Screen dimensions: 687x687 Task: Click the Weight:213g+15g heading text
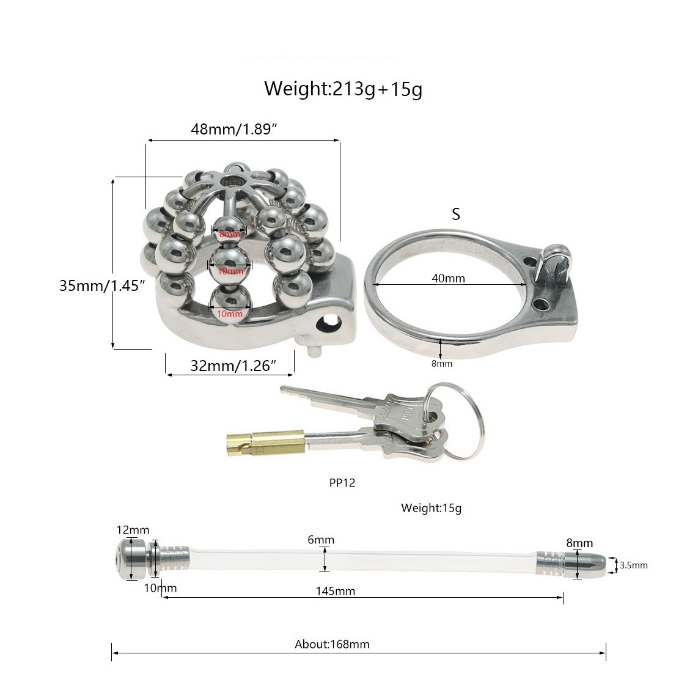point(343,89)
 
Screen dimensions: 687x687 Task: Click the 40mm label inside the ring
point(448,279)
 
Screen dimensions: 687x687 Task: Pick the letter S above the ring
point(455,215)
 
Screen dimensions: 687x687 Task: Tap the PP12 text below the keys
point(342,482)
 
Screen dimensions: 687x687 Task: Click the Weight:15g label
point(431,508)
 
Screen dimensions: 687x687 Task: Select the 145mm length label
point(336,591)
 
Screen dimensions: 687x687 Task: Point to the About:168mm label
point(332,644)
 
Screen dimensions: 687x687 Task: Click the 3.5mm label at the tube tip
point(633,565)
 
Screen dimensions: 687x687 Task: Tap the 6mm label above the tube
point(321,540)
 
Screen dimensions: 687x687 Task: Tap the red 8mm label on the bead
point(229,234)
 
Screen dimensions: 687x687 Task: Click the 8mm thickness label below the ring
point(441,364)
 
